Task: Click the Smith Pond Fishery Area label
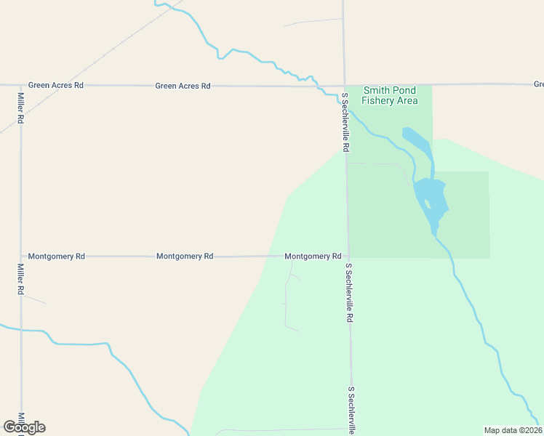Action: (x=391, y=95)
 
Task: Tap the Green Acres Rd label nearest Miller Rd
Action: (x=56, y=85)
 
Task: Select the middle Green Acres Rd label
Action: (x=183, y=86)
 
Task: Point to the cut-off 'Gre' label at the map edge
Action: (x=538, y=84)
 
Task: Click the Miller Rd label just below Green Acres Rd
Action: (x=20, y=107)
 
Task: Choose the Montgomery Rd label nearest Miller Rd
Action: (x=56, y=257)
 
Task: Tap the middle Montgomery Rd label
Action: (x=184, y=257)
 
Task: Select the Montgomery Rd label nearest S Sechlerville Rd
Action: (x=313, y=257)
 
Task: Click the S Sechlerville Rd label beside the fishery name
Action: (x=345, y=122)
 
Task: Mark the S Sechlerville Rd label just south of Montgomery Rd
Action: (x=349, y=293)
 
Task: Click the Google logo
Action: (x=24, y=427)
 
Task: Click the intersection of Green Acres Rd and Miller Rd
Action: (x=20, y=85)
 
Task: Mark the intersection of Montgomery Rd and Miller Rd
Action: (x=20, y=257)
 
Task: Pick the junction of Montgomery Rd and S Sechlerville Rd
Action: (x=348, y=257)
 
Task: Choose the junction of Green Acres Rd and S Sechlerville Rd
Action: (x=343, y=86)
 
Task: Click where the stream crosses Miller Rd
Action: (x=20, y=330)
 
